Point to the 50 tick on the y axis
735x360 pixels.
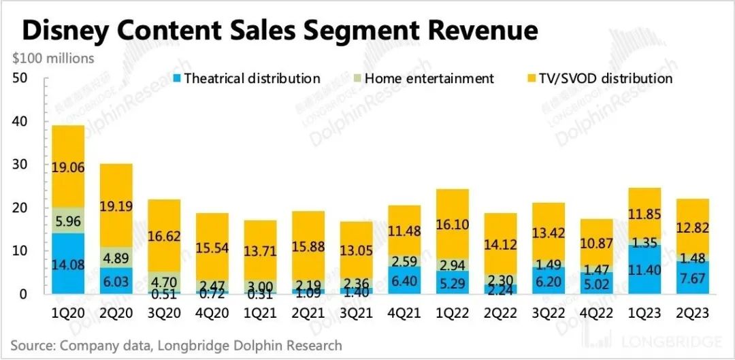point(20,78)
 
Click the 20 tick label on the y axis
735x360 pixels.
point(20,208)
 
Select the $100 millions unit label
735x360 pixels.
point(54,59)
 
